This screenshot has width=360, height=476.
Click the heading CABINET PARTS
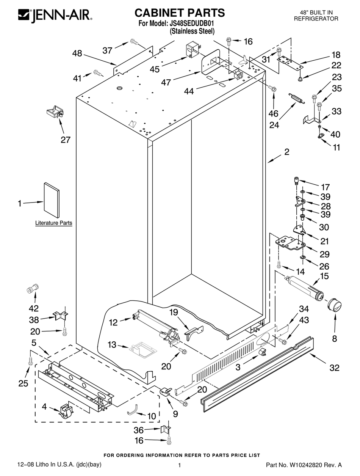180,13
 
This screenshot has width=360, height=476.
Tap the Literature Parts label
53,223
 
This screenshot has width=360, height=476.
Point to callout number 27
66,140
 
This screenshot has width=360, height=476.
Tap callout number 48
77,54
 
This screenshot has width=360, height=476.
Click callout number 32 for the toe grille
334,367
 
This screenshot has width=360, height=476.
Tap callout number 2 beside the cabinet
286,152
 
